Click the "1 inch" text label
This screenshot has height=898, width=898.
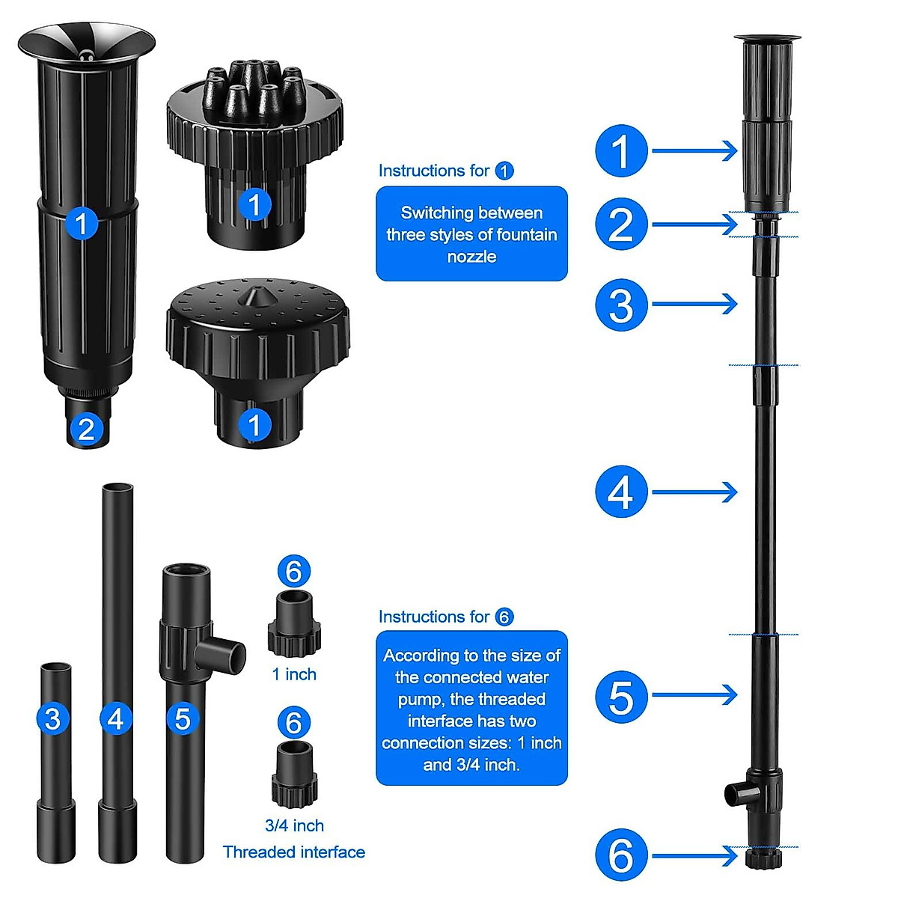click(x=294, y=674)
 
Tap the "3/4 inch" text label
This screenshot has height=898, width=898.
click(x=294, y=825)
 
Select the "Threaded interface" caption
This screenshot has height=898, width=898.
click(x=294, y=852)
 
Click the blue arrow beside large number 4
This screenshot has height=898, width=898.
click(x=694, y=492)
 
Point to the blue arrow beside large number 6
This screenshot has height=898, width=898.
click(x=694, y=856)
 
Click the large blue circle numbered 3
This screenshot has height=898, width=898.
click(x=621, y=305)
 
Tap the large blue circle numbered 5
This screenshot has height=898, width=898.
click(x=621, y=697)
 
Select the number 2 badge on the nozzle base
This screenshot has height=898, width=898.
click(x=86, y=429)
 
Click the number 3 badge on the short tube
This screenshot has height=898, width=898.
click(x=52, y=719)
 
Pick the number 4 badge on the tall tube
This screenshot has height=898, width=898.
click(x=116, y=719)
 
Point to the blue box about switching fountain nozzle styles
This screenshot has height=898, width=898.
click(x=471, y=234)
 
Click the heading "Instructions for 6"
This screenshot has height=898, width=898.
click(x=446, y=617)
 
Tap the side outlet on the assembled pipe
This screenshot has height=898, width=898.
click(x=736, y=792)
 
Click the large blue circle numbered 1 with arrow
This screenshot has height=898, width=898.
click(x=621, y=151)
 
